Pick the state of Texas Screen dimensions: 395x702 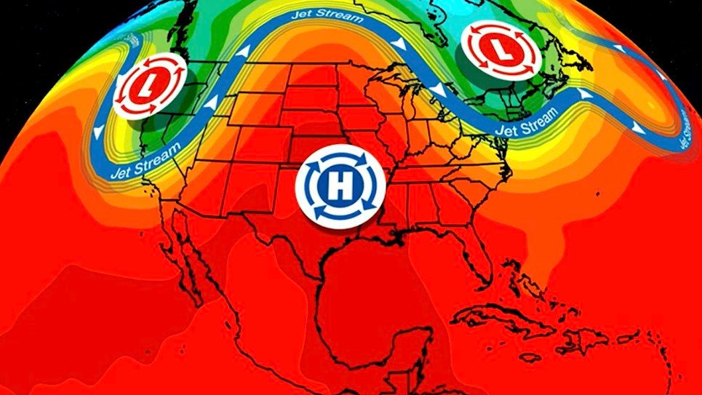(306, 233)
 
